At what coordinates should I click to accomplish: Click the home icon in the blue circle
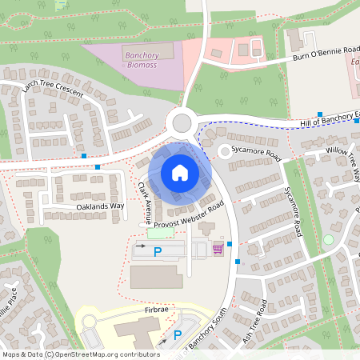[x=179, y=172]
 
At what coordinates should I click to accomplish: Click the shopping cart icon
[x=218, y=249]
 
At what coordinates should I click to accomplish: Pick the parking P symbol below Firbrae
[x=178, y=335]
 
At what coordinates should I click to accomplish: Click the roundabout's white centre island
[x=182, y=122]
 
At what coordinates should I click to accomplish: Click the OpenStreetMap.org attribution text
[x=103, y=354]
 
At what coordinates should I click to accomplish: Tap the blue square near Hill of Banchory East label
[x=320, y=114]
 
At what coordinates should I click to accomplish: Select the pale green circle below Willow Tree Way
[x=328, y=239]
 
